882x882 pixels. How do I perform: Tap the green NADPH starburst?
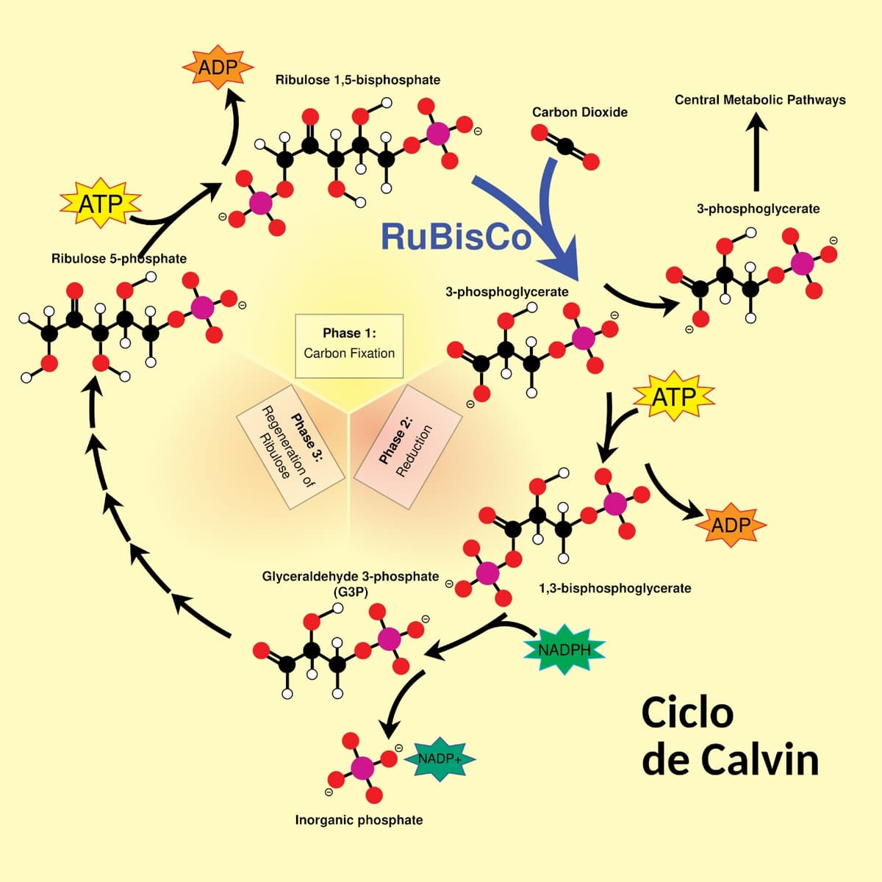[x=564, y=650]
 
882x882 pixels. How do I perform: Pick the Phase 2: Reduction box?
[x=407, y=446]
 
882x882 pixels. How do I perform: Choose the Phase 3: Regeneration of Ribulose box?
[x=290, y=447]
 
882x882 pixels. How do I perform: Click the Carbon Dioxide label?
[x=580, y=112]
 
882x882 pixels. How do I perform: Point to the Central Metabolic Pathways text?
[x=760, y=100]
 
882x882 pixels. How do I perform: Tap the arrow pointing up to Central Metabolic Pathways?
[x=756, y=154]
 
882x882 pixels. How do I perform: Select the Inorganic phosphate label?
[x=359, y=820]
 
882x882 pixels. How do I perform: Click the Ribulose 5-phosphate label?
[x=119, y=259]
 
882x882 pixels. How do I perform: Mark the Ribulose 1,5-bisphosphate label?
[x=358, y=79]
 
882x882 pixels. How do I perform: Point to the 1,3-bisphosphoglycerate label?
[x=614, y=588]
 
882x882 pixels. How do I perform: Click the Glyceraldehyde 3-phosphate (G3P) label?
[x=351, y=584]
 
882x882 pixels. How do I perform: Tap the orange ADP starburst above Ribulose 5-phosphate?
[x=218, y=68]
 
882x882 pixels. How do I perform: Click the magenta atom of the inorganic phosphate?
[x=362, y=768]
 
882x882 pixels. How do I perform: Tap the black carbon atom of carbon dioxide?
[x=565, y=147]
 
